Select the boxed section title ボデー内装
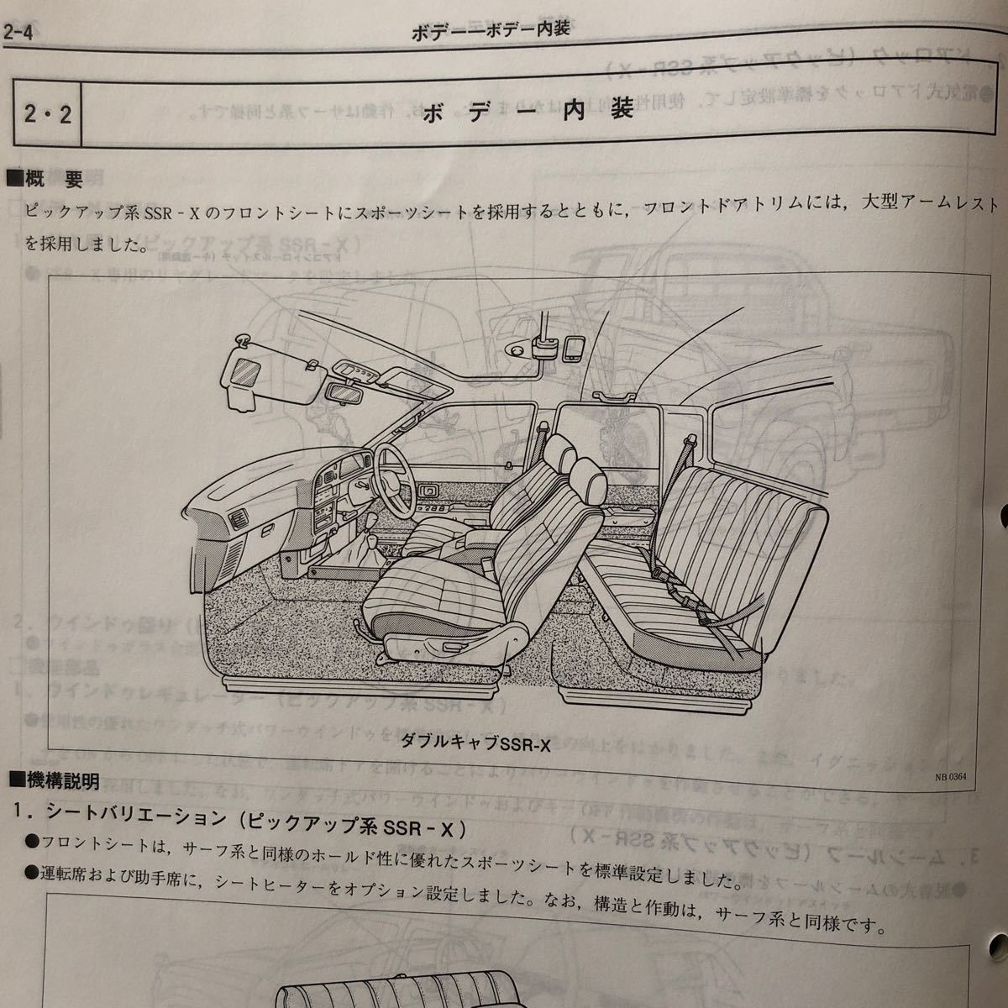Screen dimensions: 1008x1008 tap(527, 112)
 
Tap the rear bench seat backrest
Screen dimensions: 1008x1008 tap(731, 512)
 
